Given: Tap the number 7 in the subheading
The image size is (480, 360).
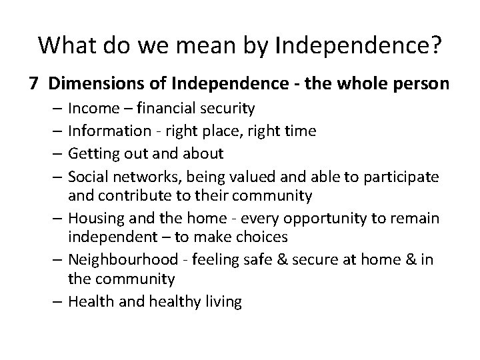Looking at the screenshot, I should coord(33,84).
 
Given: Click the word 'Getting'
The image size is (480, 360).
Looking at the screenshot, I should coord(93,154).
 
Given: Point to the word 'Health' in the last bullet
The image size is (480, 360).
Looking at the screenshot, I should coord(89,301).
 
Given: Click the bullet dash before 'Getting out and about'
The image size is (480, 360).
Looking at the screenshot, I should coord(58,154).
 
